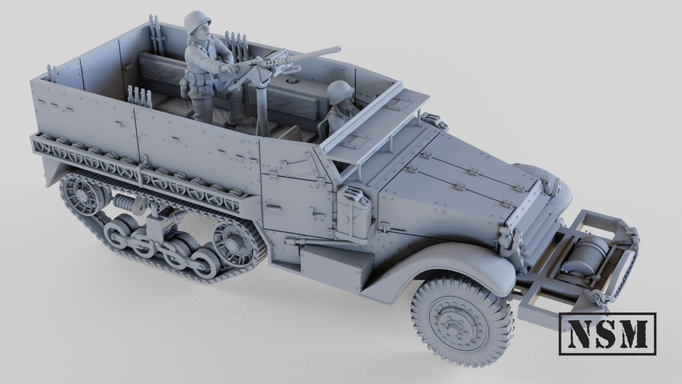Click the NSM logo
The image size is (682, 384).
click(x=607, y=334)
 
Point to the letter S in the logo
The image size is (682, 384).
click(x=607, y=334)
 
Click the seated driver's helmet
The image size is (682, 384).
click(x=340, y=92)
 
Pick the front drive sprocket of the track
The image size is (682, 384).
click(x=235, y=242)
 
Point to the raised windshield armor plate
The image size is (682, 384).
click(x=373, y=115)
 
